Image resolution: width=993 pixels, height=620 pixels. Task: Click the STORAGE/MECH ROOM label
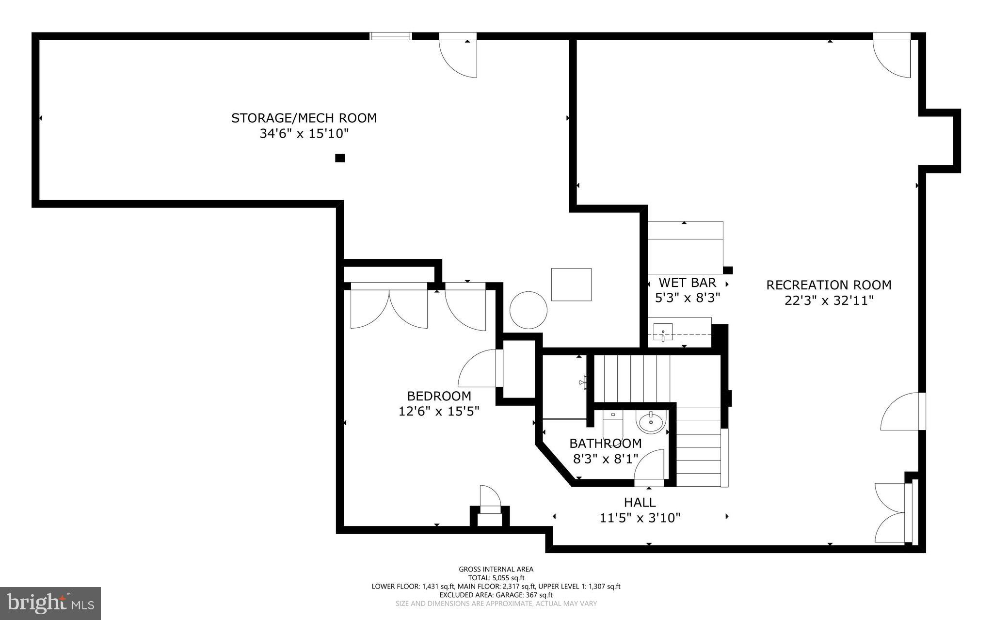tap(304, 118)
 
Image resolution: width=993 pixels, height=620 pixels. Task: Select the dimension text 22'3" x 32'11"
tap(829, 301)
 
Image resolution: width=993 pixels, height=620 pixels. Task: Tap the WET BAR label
tap(687, 282)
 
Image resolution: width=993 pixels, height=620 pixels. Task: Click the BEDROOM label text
tap(439, 396)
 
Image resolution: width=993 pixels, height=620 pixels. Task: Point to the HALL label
tap(640, 502)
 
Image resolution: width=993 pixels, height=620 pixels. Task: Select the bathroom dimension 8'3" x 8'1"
tap(605, 459)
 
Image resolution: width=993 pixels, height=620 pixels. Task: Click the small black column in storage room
tap(340, 158)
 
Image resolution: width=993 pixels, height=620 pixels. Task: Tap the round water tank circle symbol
tap(529, 310)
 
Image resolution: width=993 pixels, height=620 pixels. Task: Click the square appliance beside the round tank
tap(571, 285)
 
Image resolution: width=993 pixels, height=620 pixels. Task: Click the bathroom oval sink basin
tap(650, 423)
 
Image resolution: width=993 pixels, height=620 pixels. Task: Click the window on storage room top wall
tap(391, 36)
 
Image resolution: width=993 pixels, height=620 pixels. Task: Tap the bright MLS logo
tap(50, 603)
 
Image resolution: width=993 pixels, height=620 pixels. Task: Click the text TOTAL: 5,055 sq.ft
tap(496, 578)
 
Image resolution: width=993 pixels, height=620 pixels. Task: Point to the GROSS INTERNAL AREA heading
tap(496, 569)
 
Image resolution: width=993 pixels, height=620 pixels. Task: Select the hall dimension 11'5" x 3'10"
tap(640, 518)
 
